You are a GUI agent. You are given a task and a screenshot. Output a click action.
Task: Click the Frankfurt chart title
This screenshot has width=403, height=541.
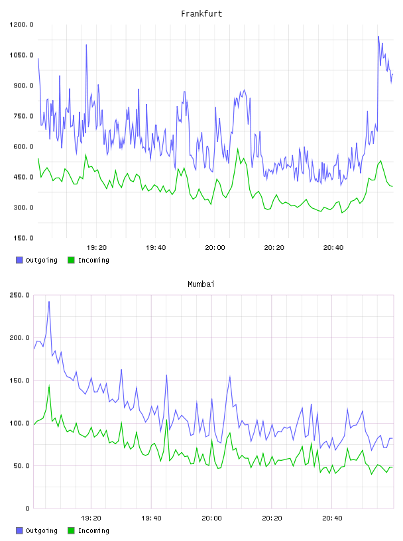coord(201,14)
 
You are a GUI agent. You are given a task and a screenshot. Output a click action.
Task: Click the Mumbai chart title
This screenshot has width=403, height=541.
coord(201,284)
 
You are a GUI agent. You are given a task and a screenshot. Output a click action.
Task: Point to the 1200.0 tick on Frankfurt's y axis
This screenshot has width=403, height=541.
coord(21,25)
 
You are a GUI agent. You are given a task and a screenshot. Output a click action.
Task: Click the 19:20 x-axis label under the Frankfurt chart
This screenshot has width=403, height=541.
coord(97,248)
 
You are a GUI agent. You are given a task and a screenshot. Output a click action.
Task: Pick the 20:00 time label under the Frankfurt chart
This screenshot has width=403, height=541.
coord(215,248)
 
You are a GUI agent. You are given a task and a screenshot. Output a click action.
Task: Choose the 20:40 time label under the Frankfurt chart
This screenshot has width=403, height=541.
coord(333,248)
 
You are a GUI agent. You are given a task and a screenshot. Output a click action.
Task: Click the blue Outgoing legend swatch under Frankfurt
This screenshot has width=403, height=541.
coord(19,260)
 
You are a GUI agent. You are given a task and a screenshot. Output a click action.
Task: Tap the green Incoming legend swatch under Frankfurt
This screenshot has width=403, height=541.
coord(71,260)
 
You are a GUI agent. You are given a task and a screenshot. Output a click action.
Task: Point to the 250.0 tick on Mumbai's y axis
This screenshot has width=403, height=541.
coord(20,295)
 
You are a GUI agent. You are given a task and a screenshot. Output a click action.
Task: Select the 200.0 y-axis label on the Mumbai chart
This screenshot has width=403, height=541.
coord(20,337)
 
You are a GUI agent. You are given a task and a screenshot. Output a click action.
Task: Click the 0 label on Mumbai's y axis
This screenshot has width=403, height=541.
coord(27,509)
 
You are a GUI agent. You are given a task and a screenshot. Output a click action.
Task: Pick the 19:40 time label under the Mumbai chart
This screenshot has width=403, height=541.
coord(152,518)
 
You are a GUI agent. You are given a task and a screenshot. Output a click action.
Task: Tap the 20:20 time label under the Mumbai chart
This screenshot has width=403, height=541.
coord(272,518)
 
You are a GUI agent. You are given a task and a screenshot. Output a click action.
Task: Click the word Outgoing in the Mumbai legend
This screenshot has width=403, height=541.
coord(41,530)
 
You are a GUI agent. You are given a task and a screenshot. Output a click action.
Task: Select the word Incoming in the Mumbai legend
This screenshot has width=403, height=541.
coord(93,530)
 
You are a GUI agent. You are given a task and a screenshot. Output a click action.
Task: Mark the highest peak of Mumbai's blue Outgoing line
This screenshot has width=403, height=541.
coord(49,302)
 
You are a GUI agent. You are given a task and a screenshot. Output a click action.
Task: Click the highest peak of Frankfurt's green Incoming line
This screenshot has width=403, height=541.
coord(238,149)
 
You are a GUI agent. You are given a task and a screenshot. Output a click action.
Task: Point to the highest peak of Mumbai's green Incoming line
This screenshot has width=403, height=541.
coord(49,386)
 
